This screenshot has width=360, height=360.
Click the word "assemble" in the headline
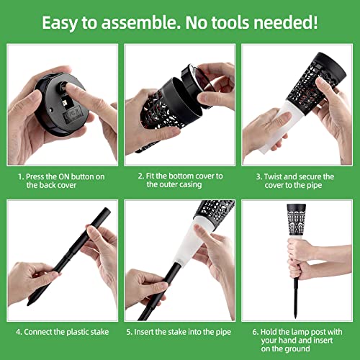click(x=140, y=22)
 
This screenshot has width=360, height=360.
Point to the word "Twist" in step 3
click(x=274, y=177)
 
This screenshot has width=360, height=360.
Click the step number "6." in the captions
click(x=256, y=332)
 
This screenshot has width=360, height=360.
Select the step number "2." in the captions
click(x=141, y=176)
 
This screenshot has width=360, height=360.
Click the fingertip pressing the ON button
click(x=70, y=87)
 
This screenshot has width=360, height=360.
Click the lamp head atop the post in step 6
click(x=297, y=220)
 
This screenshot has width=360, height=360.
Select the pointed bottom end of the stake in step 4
click(x=29, y=304)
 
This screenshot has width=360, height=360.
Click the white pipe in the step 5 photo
click(x=189, y=243)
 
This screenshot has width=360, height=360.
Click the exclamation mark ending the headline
click(x=315, y=22)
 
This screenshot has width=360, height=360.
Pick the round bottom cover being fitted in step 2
click(x=194, y=84)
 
